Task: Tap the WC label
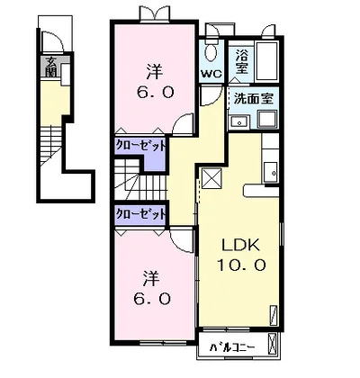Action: [211, 74]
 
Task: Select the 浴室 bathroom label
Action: [241, 61]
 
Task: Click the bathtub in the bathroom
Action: [266, 61]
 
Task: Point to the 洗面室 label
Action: [254, 98]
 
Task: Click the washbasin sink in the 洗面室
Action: [238, 122]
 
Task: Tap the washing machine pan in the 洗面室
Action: [268, 120]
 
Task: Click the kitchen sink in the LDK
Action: [271, 172]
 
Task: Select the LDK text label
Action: [240, 246]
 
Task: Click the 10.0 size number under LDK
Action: [241, 265]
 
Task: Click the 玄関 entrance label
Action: [52, 67]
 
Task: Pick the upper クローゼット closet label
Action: [140, 146]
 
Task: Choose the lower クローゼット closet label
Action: [140, 213]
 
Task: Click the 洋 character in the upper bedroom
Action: [155, 71]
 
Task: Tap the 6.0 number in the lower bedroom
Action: [152, 298]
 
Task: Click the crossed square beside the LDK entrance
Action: [211, 178]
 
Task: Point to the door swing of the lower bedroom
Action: [180, 240]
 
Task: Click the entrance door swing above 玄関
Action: [51, 42]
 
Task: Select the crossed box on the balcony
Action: [273, 343]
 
